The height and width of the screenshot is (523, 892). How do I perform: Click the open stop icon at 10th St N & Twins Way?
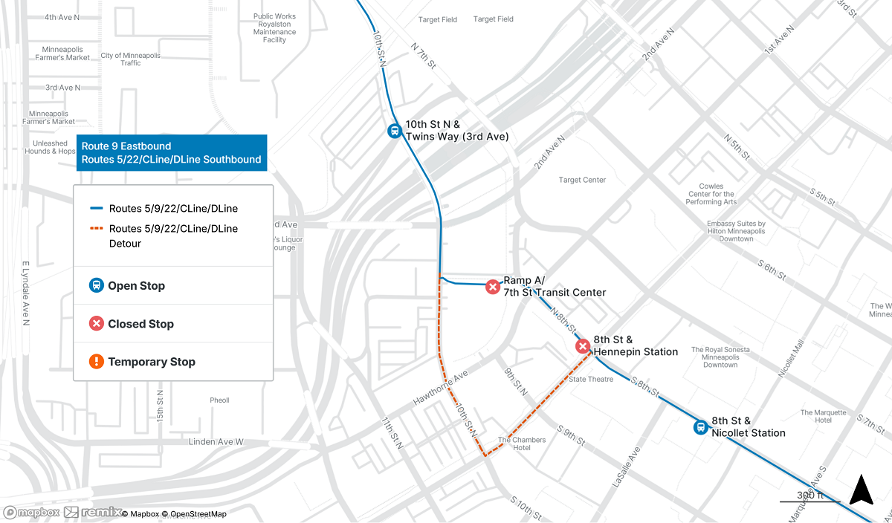(394, 131)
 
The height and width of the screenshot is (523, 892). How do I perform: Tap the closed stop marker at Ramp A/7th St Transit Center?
(492, 287)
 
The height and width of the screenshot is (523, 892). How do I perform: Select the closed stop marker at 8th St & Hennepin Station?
(583, 346)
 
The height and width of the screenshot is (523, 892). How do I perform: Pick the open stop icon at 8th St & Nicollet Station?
(700, 427)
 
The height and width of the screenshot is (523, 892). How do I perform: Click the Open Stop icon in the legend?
(96, 285)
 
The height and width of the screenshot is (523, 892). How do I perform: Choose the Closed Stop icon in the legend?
(96, 324)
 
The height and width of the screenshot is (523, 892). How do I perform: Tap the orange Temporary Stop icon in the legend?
(96, 362)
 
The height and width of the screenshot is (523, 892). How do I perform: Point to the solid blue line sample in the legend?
(95, 209)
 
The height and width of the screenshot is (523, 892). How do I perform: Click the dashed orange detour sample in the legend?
(95, 229)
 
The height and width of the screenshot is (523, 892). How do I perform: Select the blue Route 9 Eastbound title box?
(171, 153)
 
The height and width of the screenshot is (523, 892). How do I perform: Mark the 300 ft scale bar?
(809, 501)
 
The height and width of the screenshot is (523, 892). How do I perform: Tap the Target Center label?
(582, 180)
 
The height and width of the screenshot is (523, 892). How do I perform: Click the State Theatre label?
(591, 380)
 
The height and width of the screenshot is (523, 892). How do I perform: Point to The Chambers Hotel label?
(522, 444)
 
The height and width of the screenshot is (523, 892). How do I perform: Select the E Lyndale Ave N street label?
(25, 293)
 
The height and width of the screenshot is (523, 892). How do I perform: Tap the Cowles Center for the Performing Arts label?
(712, 195)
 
